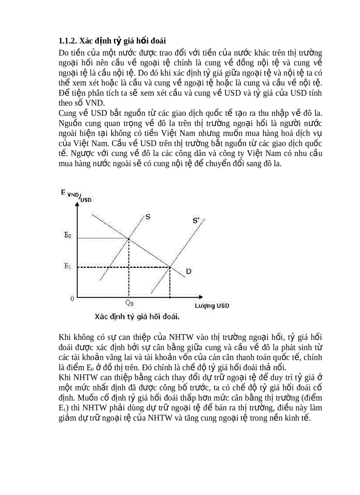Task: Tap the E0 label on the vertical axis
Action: click(x=67, y=236)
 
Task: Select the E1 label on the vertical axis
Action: click(x=67, y=266)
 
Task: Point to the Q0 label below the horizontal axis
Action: click(x=129, y=303)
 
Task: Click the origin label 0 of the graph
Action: click(x=72, y=298)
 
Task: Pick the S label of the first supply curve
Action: click(x=147, y=216)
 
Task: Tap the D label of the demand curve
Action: click(x=188, y=272)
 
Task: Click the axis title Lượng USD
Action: click(x=212, y=305)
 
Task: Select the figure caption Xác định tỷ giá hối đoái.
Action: click(x=139, y=316)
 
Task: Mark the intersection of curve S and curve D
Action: click(x=128, y=238)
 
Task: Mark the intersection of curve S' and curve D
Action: click(x=170, y=267)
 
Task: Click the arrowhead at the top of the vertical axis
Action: click(x=78, y=206)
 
